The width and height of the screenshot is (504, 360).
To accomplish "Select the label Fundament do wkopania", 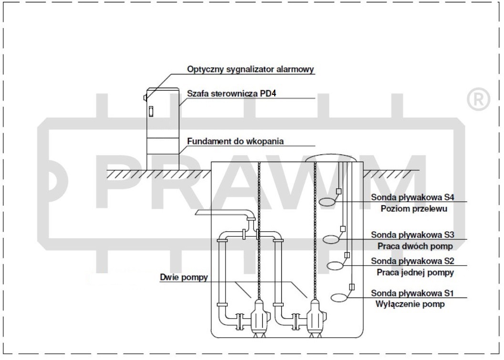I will [x=236, y=141].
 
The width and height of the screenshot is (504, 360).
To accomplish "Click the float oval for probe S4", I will [x=327, y=202].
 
